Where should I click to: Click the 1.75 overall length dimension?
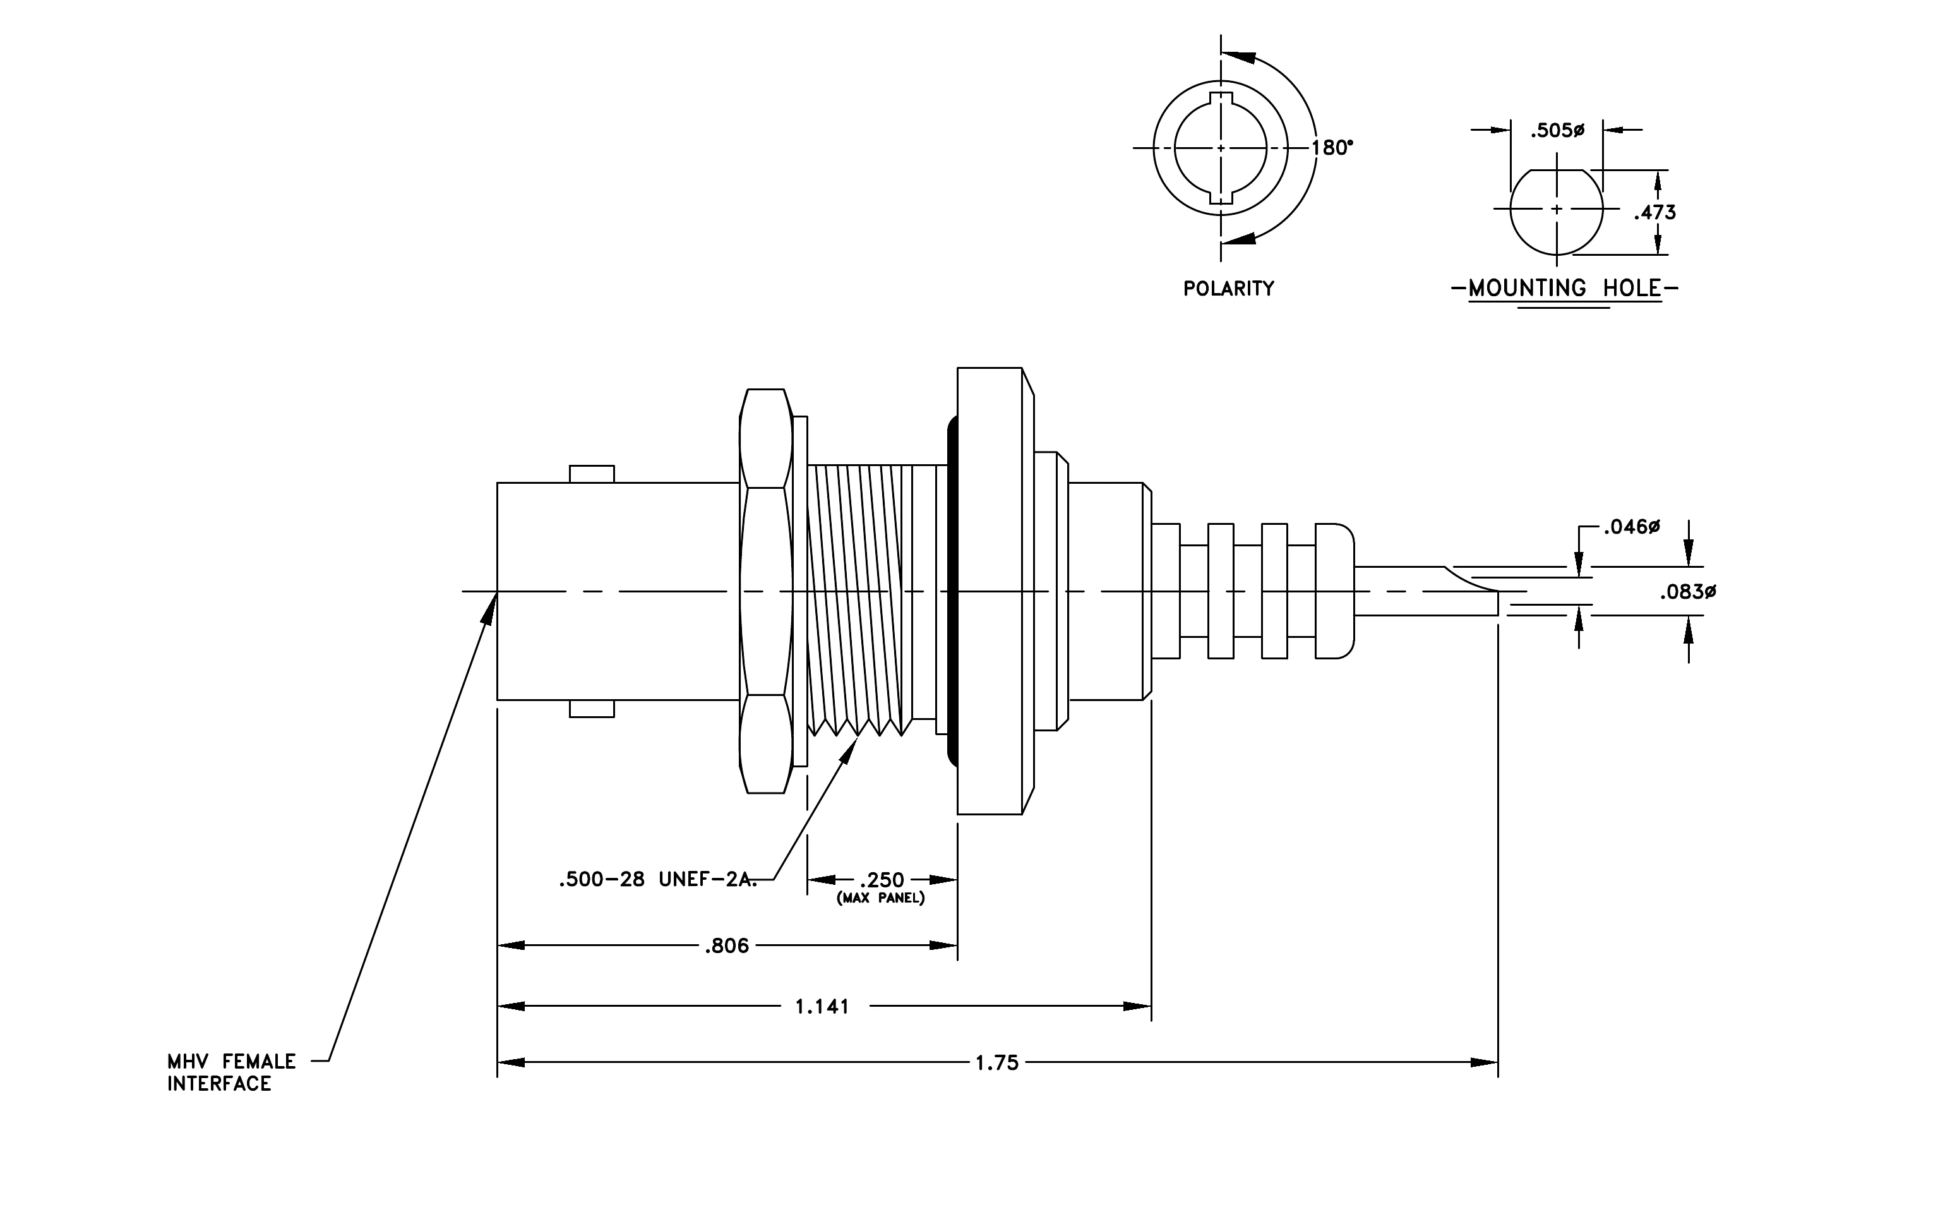[x=997, y=1063]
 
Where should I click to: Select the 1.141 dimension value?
[x=822, y=1007]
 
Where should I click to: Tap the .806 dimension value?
[x=727, y=945]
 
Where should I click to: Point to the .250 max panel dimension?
[x=882, y=880]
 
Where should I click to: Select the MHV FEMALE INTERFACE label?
[x=232, y=1072]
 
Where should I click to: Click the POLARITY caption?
[x=1228, y=289]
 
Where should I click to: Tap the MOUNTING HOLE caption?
[x=1565, y=288]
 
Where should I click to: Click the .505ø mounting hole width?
[x=1557, y=130]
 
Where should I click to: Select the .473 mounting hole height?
[x=1654, y=212]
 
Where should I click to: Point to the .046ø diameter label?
[x=1631, y=527]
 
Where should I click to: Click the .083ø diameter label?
[x=1689, y=592]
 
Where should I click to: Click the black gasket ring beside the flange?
[x=952, y=592]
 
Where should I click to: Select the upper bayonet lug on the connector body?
[x=592, y=474]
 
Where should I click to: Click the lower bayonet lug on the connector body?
[x=592, y=708]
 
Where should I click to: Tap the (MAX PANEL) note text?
[x=880, y=898]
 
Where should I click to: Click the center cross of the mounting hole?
[x=1557, y=209]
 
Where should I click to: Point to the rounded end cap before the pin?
[x=1334, y=592]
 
